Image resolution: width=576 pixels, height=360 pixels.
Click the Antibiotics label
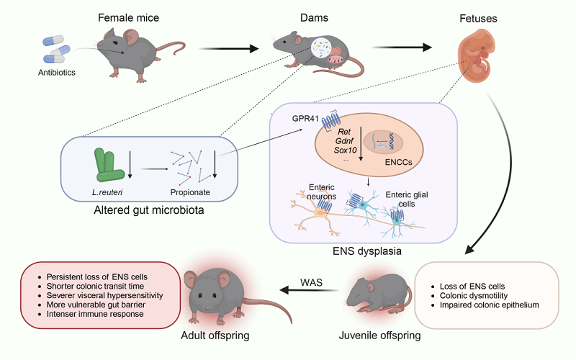point(57,73)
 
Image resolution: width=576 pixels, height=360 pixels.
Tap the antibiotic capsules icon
point(56,49)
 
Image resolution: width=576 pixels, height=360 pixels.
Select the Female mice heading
point(129,17)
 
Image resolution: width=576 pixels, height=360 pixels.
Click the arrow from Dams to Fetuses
point(402,48)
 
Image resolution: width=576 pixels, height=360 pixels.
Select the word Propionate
point(190,192)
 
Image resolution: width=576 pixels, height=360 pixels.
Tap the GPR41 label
point(305,118)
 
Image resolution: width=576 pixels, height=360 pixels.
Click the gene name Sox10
point(346,150)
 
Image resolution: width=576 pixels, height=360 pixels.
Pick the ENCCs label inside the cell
point(399,162)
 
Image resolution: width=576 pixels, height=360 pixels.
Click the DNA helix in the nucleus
point(392,142)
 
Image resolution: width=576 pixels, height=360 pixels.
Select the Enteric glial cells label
point(407,199)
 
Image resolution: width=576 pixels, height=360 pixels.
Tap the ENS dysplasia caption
point(367,251)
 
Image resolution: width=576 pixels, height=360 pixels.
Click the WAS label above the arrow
point(311,282)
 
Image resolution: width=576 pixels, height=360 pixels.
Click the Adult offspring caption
point(215,336)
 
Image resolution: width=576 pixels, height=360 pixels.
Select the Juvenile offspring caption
point(380,336)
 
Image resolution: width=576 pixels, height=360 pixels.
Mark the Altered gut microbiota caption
point(149,210)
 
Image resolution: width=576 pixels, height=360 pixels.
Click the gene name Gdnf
point(345,140)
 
